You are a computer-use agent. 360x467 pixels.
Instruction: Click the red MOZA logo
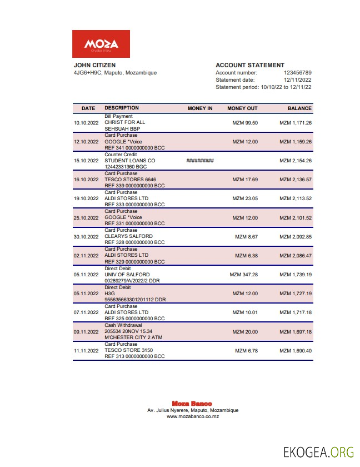click(x=101, y=44)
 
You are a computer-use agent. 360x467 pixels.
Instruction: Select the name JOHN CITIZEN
click(x=94, y=65)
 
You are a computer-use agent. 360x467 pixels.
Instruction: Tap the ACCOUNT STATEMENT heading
click(x=249, y=65)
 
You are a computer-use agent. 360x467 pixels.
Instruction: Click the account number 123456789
click(x=297, y=73)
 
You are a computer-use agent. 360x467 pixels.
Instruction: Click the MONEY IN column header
click(x=200, y=108)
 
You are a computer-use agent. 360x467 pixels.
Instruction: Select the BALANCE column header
click(x=299, y=108)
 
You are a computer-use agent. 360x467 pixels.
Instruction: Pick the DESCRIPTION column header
click(x=122, y=108)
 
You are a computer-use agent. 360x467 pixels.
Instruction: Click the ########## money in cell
click(x=200, y=161)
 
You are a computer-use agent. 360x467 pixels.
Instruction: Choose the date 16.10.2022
click(x=86, y=180)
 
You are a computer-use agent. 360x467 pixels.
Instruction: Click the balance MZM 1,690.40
click(x=295, y=351)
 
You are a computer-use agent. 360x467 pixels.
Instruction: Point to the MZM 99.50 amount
click(x=244, y=123)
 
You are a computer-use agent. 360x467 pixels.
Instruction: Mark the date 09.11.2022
click(x=86, y=332)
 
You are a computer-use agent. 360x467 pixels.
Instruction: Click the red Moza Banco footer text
click(x=192, y=404)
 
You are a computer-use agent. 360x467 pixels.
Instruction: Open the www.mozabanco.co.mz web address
click(x=193, y=416)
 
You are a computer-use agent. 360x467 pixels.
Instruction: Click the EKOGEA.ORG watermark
click(x=318, y=451)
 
